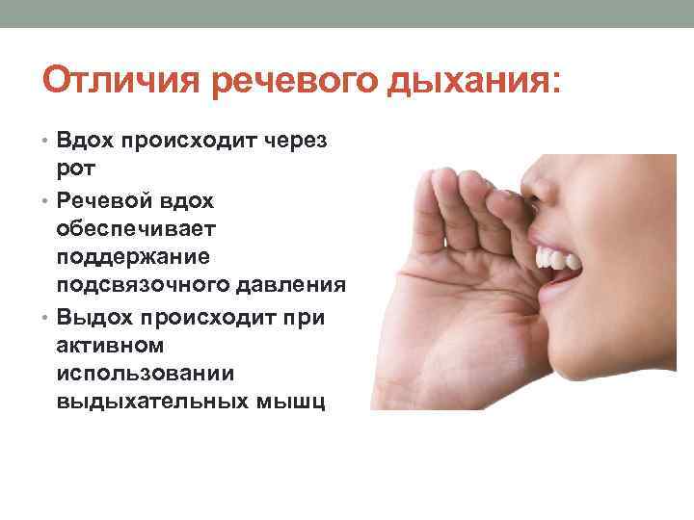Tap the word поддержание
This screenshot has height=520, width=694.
(134, 258)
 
